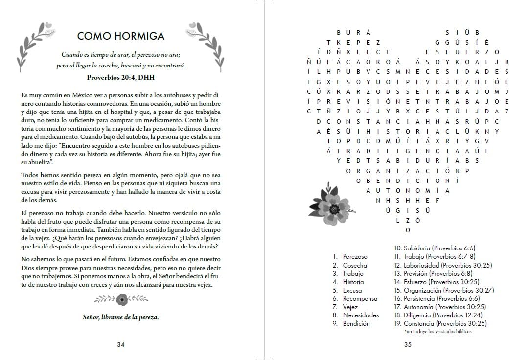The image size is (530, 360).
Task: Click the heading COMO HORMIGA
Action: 121,36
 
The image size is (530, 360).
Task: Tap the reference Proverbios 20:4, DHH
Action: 121,77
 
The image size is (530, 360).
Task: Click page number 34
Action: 121,344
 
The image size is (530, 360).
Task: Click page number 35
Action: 408,344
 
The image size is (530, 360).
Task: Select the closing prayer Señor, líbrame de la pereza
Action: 121,317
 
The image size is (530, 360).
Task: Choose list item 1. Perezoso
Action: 350,256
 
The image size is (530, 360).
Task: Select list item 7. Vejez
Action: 347,307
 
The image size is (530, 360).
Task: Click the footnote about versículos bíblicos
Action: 438,332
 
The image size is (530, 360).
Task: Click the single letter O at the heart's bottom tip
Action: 408,230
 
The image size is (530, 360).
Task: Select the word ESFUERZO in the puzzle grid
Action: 461,52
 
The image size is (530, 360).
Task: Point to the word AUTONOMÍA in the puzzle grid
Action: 408,190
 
